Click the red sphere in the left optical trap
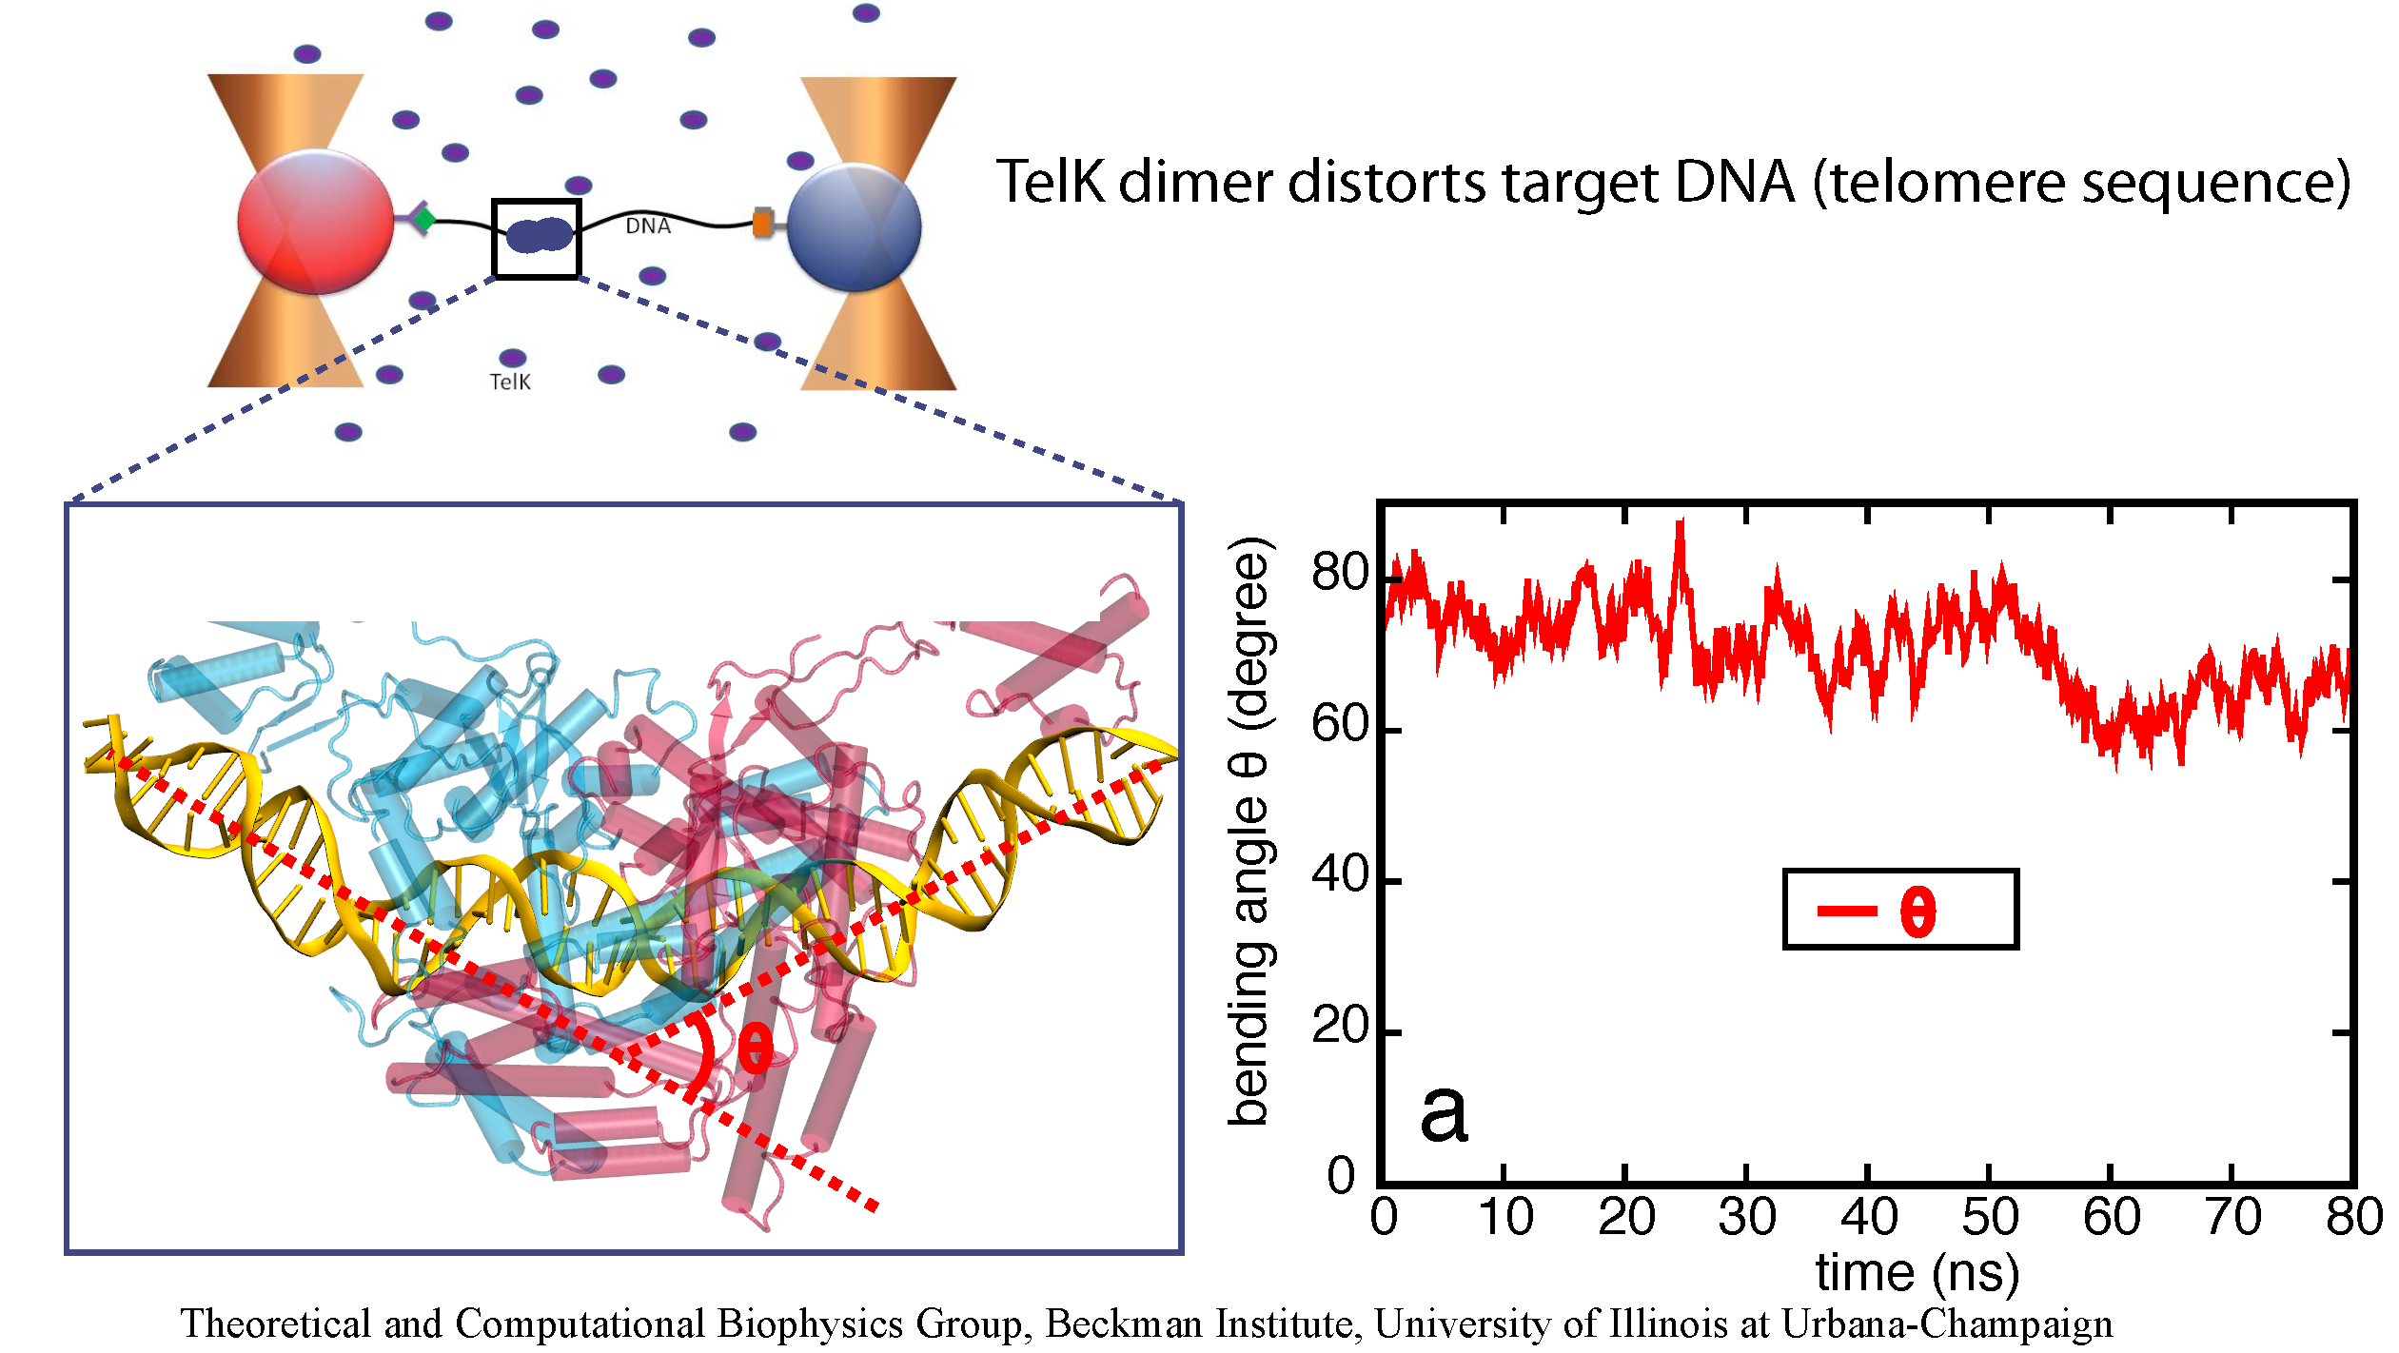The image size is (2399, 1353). tap(315, 222)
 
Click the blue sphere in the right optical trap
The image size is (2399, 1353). tap(854, 226)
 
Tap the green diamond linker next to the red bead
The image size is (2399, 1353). tap(424, 220)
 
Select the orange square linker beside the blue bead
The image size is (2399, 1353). tap(761, 223)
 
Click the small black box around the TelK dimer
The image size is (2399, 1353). tap(536, 238)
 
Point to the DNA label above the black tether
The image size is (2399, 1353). tap(648, 226)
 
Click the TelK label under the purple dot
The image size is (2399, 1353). tap(510, 382)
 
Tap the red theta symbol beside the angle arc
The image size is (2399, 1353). tap(756, 1049)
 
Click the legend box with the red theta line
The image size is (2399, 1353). tap(1899, 909)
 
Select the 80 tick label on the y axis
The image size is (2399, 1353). tap(1340, 573)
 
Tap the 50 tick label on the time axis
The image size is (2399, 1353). tap(1989, 1217)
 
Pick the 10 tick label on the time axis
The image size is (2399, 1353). tap(1504, 1217)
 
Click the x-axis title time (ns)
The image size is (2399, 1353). tap(1917, 1272)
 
